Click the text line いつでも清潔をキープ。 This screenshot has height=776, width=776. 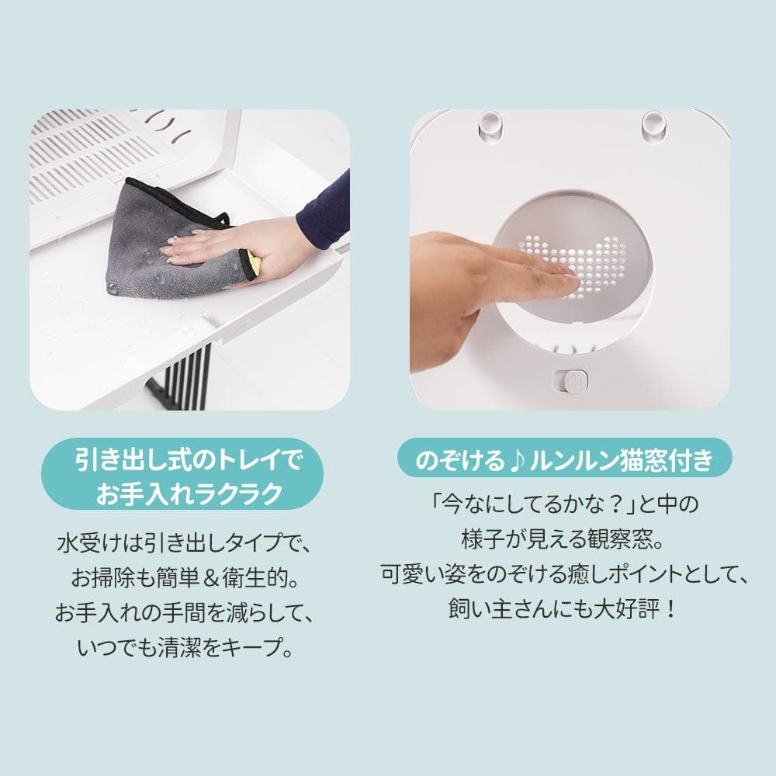186,648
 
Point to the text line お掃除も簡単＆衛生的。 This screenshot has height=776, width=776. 186,577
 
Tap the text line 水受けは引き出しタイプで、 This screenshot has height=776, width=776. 186,542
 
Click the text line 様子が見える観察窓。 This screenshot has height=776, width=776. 564,538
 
